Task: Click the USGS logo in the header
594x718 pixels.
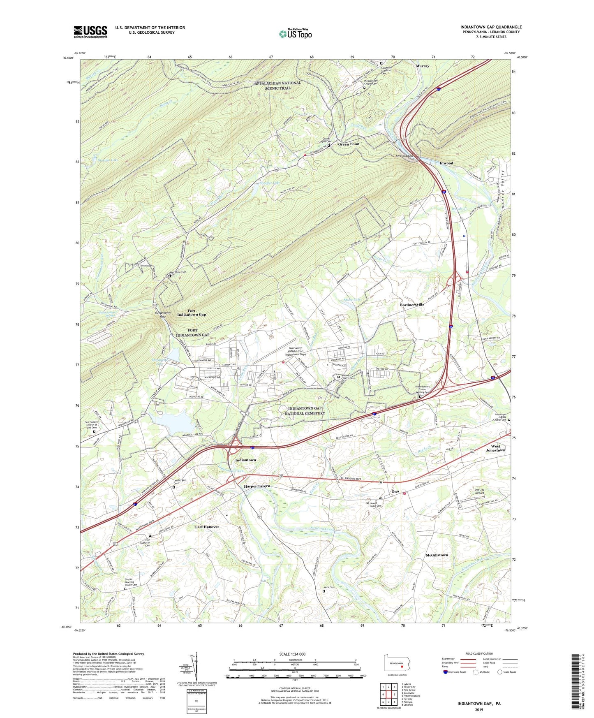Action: [90, 32]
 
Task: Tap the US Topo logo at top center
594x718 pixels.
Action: [295, 34]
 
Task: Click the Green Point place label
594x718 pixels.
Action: [349, 144]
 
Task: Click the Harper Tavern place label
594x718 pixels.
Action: [257, 486]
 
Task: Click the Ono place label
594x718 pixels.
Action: [395, 491]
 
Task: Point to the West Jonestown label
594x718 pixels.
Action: [495, 448]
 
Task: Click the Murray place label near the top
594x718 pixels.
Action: [422, 66]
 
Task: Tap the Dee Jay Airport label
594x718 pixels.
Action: [483, 491]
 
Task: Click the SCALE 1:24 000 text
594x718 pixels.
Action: [292, 654]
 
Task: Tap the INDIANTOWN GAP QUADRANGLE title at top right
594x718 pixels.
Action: [491, 27]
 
